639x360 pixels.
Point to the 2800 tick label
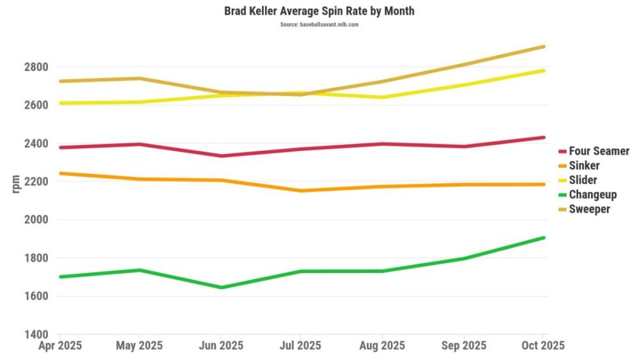[36, 67]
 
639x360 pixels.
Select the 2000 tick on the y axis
[36, 220]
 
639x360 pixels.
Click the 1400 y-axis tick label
[36, 334]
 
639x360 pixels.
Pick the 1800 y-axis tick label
[36, 258]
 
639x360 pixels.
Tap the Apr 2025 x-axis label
[60, 345]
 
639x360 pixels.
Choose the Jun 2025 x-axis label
[221, 345]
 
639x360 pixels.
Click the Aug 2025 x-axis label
[382, 345]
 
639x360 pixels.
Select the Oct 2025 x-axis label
[543, 345]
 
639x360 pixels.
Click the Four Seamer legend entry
[599, 152]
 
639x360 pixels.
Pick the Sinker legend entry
[584, 166]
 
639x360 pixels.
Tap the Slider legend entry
[583, 180]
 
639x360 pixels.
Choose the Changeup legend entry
[592, 194]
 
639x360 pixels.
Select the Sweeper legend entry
[589, 209]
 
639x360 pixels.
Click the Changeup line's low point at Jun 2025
[221, 287]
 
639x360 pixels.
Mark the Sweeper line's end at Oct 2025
[543, 47]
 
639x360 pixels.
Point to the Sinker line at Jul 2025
[302, 191]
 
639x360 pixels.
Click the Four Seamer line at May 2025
[141, 144]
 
